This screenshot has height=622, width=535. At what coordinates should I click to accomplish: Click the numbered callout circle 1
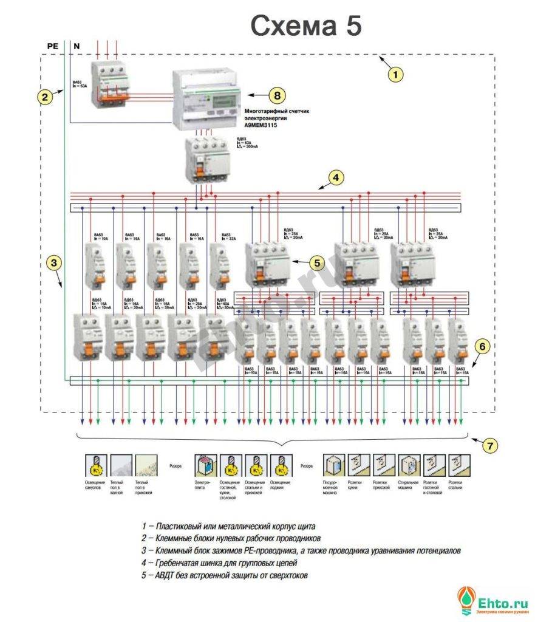(x=395, y=75)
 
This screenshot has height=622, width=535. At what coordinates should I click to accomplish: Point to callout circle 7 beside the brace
(x=490, y=445)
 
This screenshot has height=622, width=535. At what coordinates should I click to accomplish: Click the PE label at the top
(x=53, y=46)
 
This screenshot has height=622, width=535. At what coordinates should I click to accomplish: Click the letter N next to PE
(x=77, y=46)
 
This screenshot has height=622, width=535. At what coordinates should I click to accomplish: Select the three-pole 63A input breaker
(x=111, y=86)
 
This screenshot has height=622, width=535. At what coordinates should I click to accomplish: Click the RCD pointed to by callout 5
(x=268, y=265)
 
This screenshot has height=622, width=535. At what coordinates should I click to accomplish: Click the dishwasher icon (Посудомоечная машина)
(x=333, y=465)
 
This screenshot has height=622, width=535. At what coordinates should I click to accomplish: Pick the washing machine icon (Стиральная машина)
(x=408, y=465)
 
